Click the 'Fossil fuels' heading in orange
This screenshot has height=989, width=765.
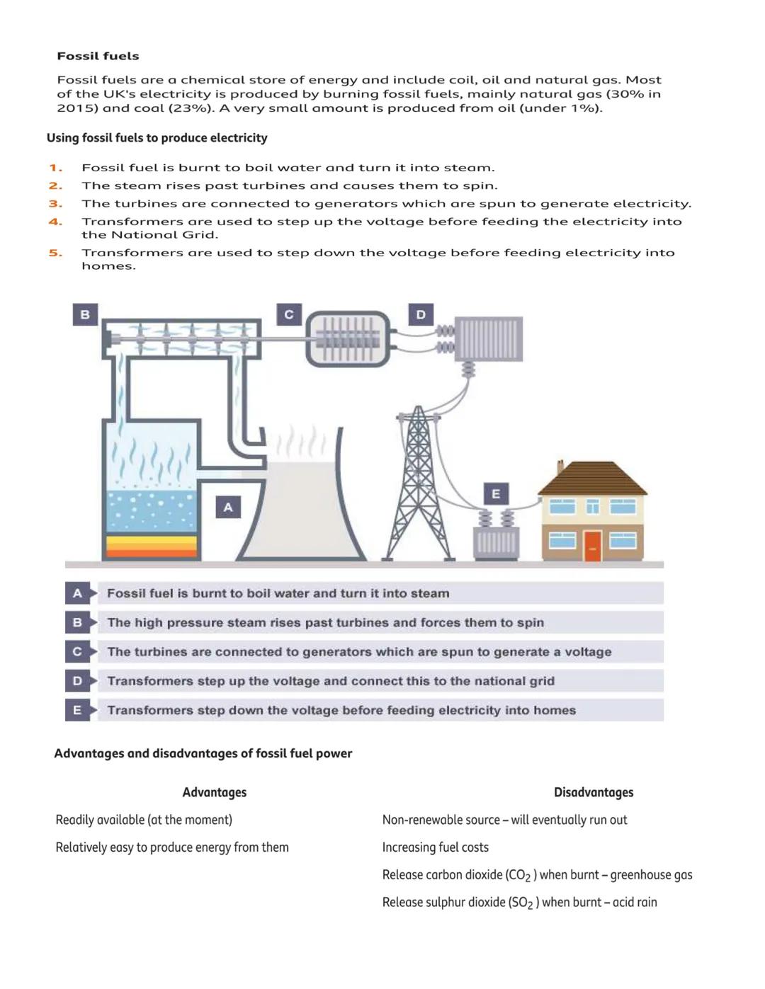coord(98,56)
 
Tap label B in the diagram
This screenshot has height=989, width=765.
coord(85,314)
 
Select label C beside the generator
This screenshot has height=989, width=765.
coord(289,314)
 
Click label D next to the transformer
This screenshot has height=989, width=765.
coord(421,314)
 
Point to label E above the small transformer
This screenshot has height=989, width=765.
coord(496,493)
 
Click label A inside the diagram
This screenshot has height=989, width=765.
coord(228,507)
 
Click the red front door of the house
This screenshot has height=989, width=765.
coord(593,545)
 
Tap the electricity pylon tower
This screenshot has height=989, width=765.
coord(419,488)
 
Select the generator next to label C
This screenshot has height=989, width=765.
coord(348,339)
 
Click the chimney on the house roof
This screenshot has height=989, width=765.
coord(560,467)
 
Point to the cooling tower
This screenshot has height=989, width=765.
coord(301,510)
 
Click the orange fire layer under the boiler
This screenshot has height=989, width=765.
coord(151,547)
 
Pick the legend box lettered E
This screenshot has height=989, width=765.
coord(77,710)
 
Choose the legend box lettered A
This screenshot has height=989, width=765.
coord(77,593)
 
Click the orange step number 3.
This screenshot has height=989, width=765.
coord(55,204)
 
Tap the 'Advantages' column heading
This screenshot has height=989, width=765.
coord(214,792)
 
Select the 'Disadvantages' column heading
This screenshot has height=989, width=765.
coord(594,792)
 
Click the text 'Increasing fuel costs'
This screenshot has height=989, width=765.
coord(435,847)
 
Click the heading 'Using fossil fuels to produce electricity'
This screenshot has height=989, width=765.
coord(157,138)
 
